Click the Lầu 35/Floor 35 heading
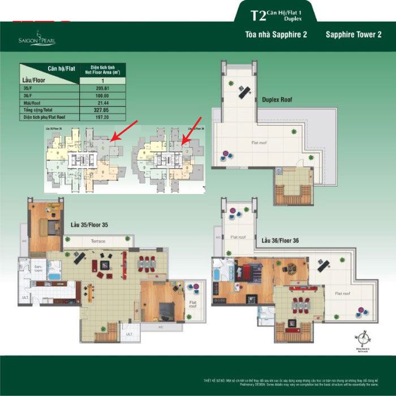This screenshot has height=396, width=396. coord(89,225)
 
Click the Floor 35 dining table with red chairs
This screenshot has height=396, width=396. coord(147,264)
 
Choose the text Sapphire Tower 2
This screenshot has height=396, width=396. coord(354,35)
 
